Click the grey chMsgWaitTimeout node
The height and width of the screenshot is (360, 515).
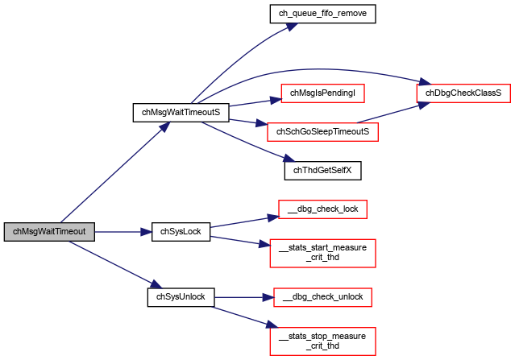(49, 232)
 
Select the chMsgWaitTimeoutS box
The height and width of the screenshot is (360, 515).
(181, 113)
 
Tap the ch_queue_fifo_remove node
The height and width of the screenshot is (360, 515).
(322, 14)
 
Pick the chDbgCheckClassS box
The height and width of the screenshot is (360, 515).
(463, 93)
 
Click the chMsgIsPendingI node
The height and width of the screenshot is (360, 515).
(322, 93)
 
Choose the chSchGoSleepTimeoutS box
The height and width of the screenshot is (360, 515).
(322, 132)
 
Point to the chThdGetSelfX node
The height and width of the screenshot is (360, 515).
(322, 171)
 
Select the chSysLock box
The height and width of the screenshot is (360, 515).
(181, 232)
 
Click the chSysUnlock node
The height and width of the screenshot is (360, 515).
(181, 297)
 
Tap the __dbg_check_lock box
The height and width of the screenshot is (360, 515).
(322, 209)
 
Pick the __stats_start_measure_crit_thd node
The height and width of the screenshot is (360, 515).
(322, 254)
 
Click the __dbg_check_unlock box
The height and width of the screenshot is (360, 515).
(322, 297)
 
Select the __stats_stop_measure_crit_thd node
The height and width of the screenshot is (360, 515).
(322, 341)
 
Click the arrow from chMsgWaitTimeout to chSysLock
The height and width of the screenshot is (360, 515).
(123, 232)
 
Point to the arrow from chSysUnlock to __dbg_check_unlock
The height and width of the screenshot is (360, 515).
(244, 298)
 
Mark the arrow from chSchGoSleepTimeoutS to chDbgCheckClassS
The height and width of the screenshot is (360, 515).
(393, 114)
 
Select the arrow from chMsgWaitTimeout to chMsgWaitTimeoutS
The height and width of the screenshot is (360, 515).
(115, 172)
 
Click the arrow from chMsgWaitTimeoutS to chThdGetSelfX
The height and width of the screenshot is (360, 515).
(248, 143)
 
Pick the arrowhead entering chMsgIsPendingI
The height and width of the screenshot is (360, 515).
(276, 100)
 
